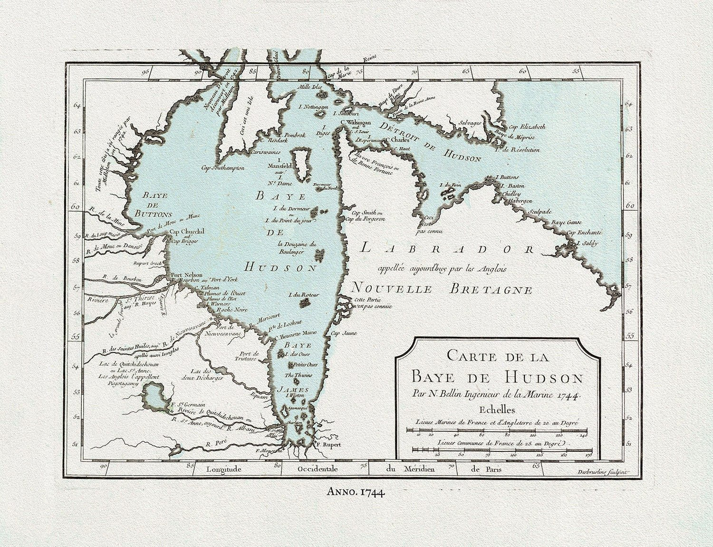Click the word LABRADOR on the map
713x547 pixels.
click(x=447, y=249)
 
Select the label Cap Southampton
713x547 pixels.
click(x=223, y=168)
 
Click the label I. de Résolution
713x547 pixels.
click(x=517, y=149)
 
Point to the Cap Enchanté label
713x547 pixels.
click(x=584, y=233)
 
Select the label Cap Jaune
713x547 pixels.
click(x=343, y=333)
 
